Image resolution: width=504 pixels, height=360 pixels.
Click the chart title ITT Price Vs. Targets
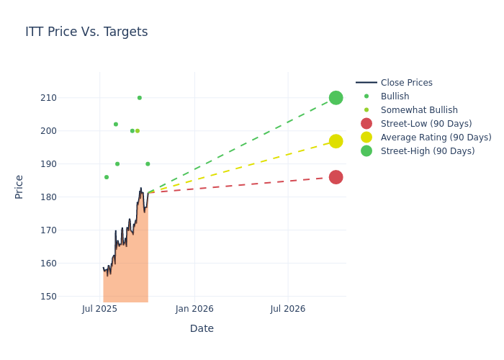pos(86,32)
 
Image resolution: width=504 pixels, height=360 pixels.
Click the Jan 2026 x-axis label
pos(194,309)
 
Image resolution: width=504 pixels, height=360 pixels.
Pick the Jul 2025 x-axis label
pos(99,309)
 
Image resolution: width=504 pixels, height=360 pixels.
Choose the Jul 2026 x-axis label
pos(288,309)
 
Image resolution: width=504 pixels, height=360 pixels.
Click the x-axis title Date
pos(202,328)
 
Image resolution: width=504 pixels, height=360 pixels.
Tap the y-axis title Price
pos(19,186)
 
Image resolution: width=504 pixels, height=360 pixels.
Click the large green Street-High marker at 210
pos(336,98)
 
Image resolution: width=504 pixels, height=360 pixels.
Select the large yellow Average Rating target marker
pos(336,141)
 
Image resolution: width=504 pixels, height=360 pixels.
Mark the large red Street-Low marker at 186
pos(336,177)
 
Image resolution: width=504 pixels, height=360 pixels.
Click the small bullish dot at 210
pos(140,98)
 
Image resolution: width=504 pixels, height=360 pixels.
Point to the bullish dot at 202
pos(116,125)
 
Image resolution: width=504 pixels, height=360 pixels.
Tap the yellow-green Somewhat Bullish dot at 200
pos(138,131)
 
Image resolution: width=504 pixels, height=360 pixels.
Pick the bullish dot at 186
pos(107,177)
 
